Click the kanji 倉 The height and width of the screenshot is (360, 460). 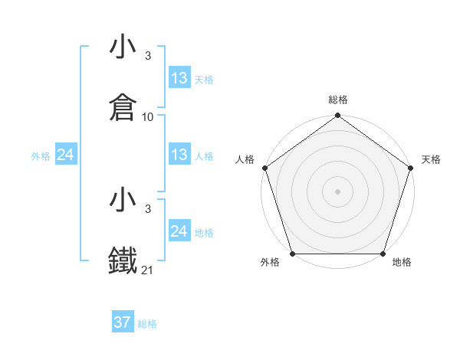(123, 108)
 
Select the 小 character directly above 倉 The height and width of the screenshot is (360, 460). (123, 47)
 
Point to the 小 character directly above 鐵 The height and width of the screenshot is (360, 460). (123, 201)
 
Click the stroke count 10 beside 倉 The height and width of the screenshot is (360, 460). (148, 117)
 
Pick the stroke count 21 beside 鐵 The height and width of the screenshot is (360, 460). (148, 270)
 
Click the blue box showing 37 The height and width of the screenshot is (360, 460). (122, 322)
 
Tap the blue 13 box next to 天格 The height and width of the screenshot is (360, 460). (179, 78)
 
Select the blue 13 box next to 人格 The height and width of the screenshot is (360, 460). (179, 155)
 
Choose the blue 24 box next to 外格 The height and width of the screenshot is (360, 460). (66, 155)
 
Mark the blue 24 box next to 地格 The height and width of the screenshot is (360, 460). (179, 231)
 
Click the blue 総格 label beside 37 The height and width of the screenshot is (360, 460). (147, 324)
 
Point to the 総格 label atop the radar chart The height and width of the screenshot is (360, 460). (337, 100)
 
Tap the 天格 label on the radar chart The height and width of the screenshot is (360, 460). (431, 159)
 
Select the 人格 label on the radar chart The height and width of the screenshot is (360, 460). (245, 159)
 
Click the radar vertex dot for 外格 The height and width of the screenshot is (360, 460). (292, 254)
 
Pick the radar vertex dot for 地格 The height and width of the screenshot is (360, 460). (383, 254)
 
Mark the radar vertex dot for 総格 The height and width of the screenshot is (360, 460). (337, 116)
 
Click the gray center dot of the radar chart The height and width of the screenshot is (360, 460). (337, 191)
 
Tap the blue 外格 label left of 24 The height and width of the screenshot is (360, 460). (41, 156)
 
